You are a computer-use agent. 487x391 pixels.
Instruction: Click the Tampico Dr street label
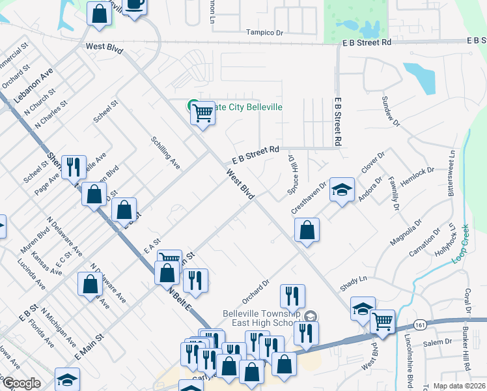click(x=265, y=32)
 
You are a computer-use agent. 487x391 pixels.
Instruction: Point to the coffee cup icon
click(x=135, y=5)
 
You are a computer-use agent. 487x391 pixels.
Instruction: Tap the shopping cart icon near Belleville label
click(x=202, y=113)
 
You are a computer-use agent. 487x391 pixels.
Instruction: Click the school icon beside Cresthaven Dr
click(x=342, y=189)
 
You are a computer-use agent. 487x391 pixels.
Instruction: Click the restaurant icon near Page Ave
click(x=74, y=167)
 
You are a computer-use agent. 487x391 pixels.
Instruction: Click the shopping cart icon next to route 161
click(x=382, y=321)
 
